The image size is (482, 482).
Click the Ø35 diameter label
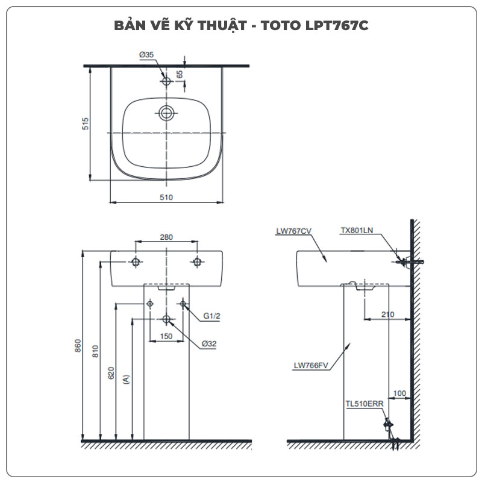[x=146, y=54]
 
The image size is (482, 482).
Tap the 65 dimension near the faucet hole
[x=180, y=74]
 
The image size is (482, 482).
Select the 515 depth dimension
[x=86, y=124]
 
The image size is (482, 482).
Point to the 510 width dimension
[x=166, y=197]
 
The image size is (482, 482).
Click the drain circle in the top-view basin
[x=166, y=112]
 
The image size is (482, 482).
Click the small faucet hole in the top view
[x=166, y=80]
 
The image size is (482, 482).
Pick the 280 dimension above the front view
[x=166, y=237]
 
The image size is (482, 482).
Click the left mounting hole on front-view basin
[x=136, y=261]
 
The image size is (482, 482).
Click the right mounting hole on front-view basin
[x=196, y=261]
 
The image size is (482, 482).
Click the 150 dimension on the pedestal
[x=166, y=336]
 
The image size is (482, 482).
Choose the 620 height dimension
[x=111, y=374]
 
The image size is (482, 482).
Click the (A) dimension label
[x=125, y=379]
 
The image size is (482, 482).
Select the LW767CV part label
[x=293, y=230]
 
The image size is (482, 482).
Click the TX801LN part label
[x=357, y=230]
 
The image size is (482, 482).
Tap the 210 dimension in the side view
[x=387, y=314]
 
